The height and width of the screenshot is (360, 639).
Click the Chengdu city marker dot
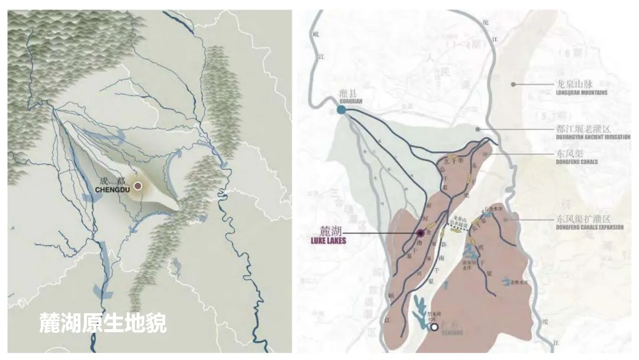point(138,185)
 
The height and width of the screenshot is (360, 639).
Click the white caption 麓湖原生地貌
point(103,323)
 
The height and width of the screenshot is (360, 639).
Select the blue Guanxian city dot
point(341,110)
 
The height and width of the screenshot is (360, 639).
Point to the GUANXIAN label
point(350,101)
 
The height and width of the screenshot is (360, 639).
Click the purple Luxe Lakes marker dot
point(420,233)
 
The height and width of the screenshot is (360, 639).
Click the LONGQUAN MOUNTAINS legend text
point(582,92)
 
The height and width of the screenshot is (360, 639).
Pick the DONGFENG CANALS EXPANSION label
point(589,227)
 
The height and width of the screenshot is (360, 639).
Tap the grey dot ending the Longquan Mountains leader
point(514,84)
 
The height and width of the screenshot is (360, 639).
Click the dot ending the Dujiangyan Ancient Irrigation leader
point(477,128)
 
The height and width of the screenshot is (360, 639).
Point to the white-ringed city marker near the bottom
point(434,326)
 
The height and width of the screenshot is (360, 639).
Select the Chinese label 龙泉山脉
point(573,84)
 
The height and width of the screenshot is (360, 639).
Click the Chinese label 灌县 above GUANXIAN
point(350,93)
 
